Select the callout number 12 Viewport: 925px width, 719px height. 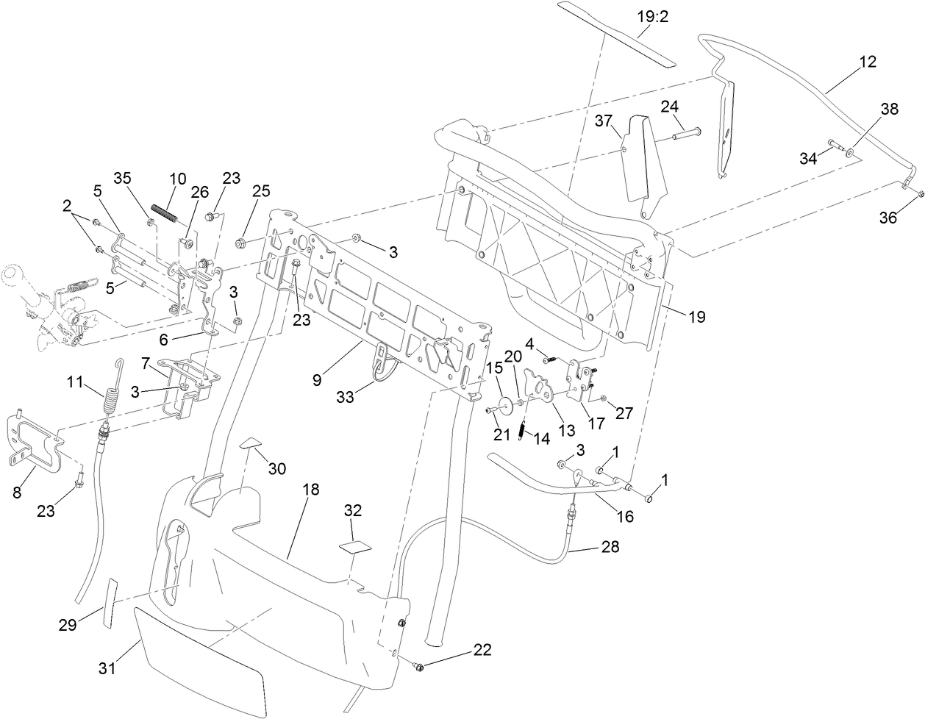tap(867, 62)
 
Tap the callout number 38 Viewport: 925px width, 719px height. tap(889, 109)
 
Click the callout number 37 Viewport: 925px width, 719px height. tap(603, 121)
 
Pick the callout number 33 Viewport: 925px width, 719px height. tap(345, 396)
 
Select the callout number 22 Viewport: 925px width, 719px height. tap(482, 650)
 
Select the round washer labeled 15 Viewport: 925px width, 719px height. tap(505, 405)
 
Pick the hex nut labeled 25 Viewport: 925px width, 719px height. tap(240, 243)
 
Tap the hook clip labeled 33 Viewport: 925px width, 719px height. tap(381, 367)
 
